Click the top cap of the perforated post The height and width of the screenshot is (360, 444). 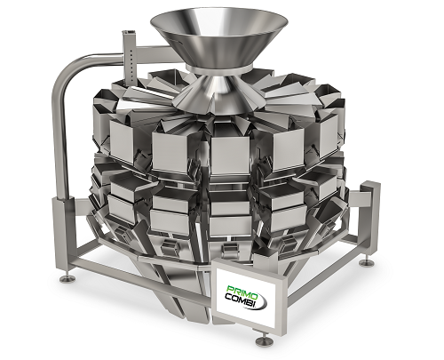(x=128, y=28)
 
